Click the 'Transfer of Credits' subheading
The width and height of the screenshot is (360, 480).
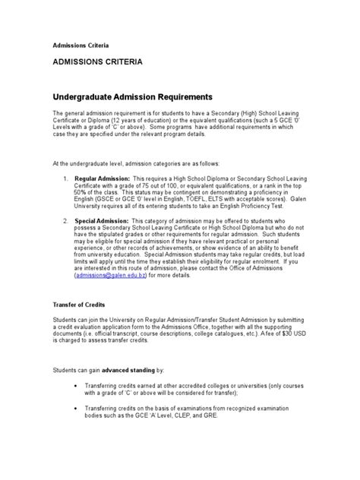click(x=78, y=303)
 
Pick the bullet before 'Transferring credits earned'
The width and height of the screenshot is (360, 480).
click(x=76, y=387)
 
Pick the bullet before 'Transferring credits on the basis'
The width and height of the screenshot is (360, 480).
click(x=76, y=409)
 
